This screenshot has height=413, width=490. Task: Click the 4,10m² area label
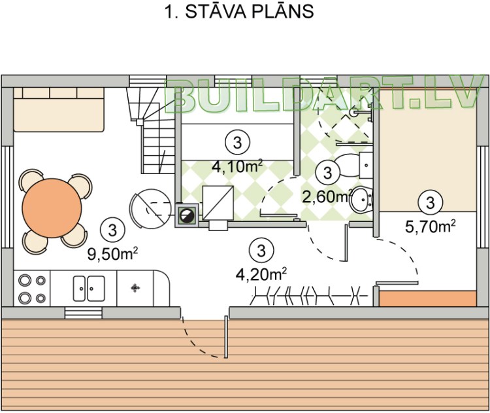pyautogui.click(x=237, y=166)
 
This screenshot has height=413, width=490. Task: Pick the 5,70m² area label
pyautogui.click(x=430, y=226)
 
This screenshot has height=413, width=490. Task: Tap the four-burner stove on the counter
pyautogui.click(x=33, y=289)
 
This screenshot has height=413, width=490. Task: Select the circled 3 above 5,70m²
pyautogui.click(x=430, y=202)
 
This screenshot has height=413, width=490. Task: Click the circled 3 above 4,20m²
pyautogui.click(x=261, y=249)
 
